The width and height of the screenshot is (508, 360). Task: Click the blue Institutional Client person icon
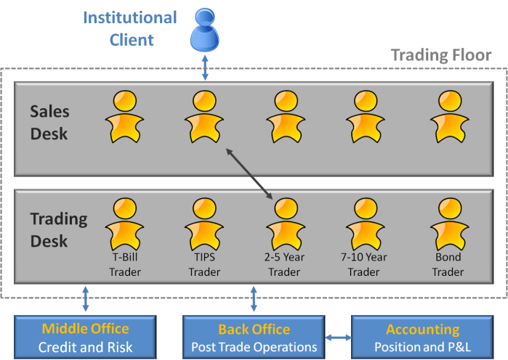(206, 33)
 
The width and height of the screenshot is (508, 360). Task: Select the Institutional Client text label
(130, 28)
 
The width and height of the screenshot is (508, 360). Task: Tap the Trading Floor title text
(441, 55)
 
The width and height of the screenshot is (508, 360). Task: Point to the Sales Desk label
(49, 122)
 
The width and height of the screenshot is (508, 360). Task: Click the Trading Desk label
(58, 229)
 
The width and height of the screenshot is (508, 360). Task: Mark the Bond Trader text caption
(448, 264)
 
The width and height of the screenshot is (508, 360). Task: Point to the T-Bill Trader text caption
(124, 264)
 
